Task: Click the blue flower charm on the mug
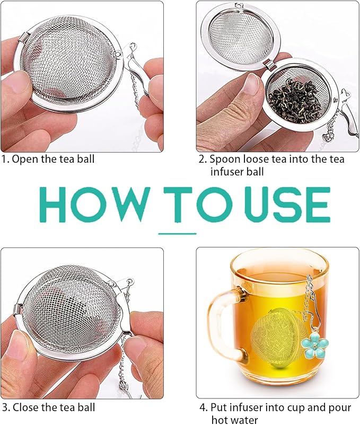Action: tap(313, 345)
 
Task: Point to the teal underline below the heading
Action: tap(178, 233)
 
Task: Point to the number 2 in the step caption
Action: tap(201, 158)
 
